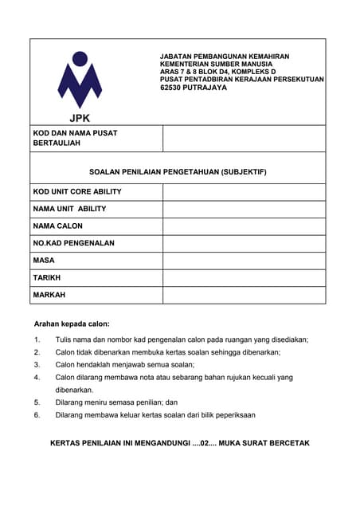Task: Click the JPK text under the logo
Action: [80, 119]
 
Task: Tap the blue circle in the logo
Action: [80, 58]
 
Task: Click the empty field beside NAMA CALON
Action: [244, 226]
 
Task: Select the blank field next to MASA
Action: [244, 261]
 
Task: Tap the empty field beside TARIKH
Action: [244, 278]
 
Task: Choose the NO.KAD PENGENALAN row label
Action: [74, 243]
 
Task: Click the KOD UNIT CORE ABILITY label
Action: [77, 192]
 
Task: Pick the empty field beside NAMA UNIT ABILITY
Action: [244, 209]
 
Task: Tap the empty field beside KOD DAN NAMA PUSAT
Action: [244, 138]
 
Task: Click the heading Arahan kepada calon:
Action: [72, 324]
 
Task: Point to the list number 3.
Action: [37, 364]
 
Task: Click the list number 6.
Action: [37, 415]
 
